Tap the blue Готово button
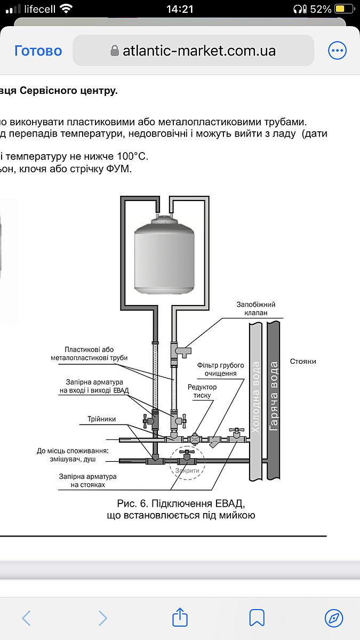click(x=38, y=51)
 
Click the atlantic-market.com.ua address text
click(x=199, y=51)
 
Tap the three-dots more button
click(x=337, y=51)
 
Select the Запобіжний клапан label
click(x=256, y=309)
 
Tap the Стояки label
click(x=303, y=361)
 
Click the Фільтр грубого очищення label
click(x=220, y=369)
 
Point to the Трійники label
click(x=101, y=419)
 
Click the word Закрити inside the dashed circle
click(x=187, y=470)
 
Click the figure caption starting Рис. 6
click(x=181, y=509)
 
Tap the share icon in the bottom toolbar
click(x=180, y=618)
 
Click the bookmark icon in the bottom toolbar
click(x=257, y=618)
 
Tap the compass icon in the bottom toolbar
click(x=334, y=618)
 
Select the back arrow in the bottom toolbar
click(x=26, y=618)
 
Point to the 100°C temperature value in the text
click(x=131, y=156)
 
